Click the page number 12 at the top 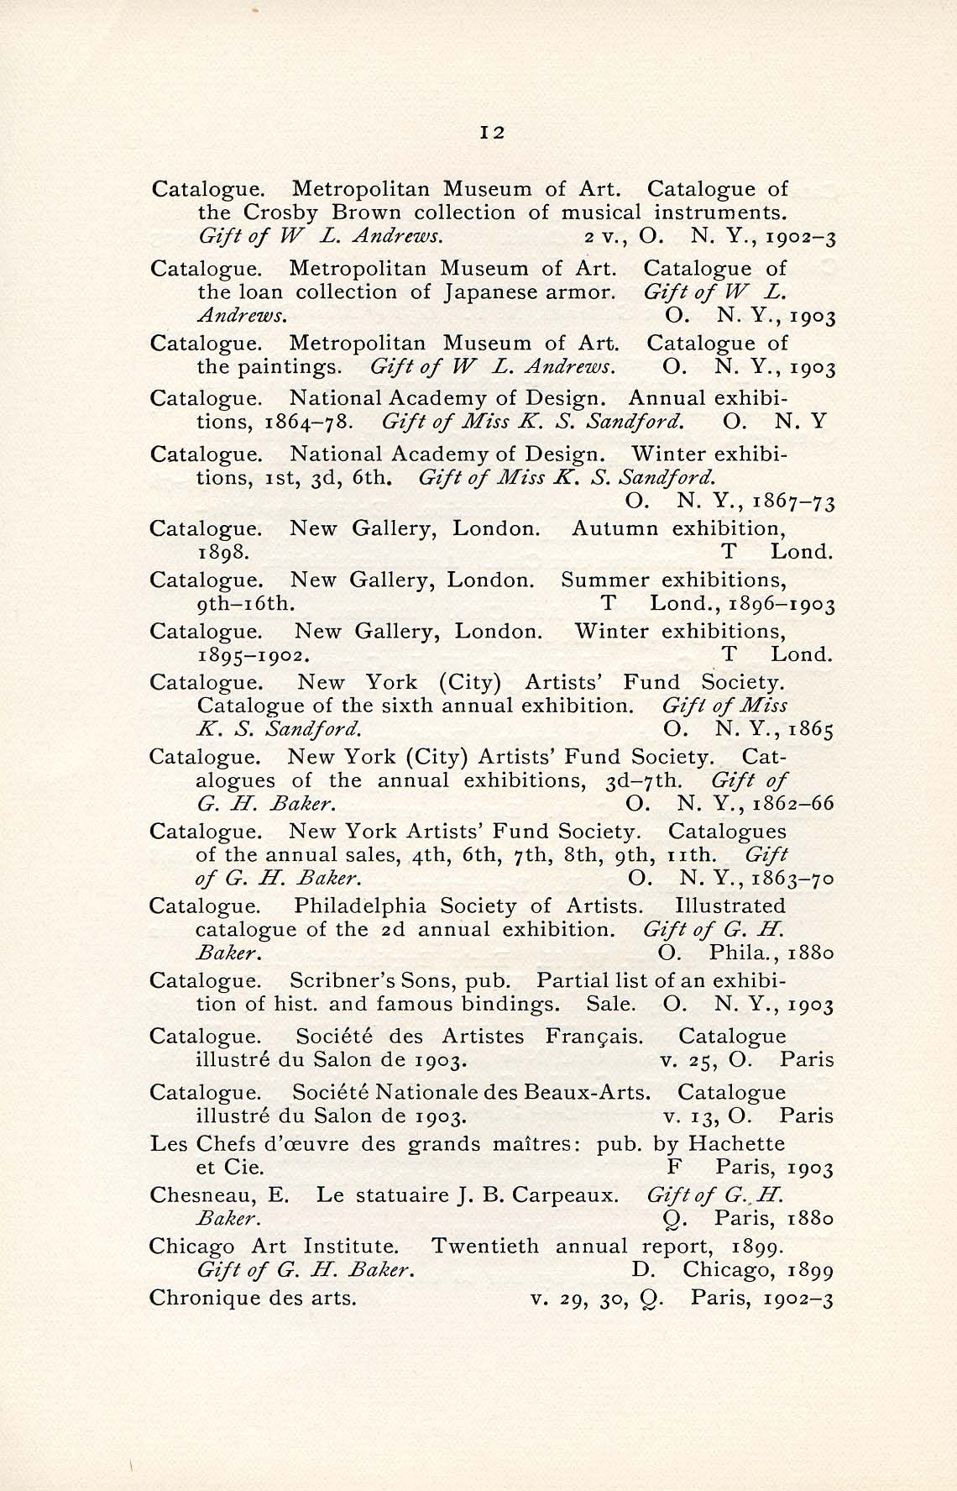[x=492, y=132]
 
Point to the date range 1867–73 [x=793, y=502]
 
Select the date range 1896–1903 [x=782, y=604]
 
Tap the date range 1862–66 [x=792, y=804]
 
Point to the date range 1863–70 [x=792, y=879]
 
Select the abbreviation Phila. [x=745, y=954]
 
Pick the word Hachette [x=736, y=1144]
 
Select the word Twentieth [x=484, y=1246]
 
